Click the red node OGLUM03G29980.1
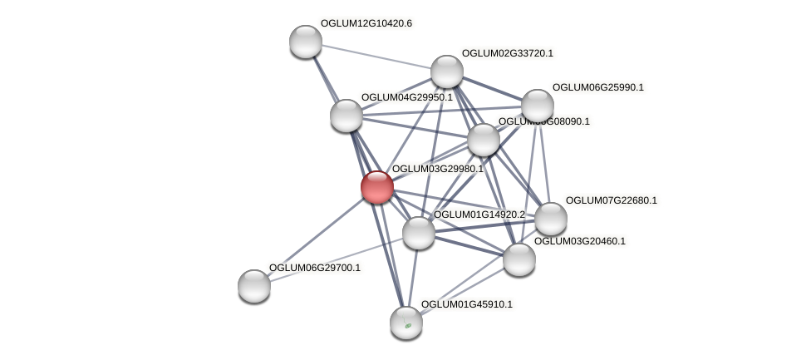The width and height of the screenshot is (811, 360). [x=376, y=187]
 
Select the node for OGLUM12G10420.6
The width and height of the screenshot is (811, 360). [x=306, y=42]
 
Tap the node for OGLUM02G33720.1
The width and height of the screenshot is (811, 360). [x=447, y=72]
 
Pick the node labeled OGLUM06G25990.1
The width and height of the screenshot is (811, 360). [x=538, y=106]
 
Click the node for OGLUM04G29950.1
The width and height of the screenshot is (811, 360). [x=347, y=116]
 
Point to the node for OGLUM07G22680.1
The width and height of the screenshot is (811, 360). [x=551, y=219]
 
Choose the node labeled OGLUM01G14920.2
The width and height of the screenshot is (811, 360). [x=419, y=233]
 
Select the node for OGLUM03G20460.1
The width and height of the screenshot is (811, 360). [x=519, y=259]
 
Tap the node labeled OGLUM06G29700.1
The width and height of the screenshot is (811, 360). [x=254, y=286]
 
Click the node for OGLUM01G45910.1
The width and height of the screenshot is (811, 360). [x=406, y=323]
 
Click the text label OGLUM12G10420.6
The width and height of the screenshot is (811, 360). [x=366, y=23]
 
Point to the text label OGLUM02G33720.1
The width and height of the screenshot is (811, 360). [x=507, y=53]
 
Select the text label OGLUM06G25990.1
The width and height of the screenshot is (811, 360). [x=597, y=87]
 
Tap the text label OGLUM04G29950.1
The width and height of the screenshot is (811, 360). [x=406, y=97]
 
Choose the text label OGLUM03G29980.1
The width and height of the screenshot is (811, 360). [x=437, y=169]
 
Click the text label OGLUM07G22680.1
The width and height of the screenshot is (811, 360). [x=611, y=200]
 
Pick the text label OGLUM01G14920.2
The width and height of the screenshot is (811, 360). [x=479, y=215]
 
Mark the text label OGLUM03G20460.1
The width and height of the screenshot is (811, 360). [x=579, y=241]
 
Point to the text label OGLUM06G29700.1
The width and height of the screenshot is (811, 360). [x=314, y=268]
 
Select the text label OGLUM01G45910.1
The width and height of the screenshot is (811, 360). [x=466, y=304]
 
